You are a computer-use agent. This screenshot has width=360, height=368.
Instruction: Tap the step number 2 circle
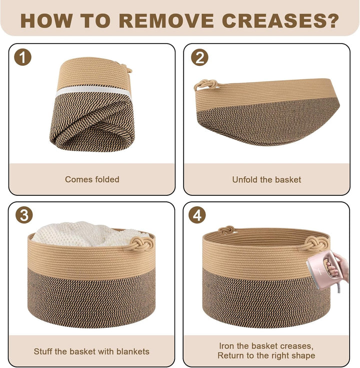click(199, 58)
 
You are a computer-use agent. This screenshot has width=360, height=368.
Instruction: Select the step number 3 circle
click(23, 216)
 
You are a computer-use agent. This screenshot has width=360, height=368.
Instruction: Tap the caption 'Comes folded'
click(92, 179)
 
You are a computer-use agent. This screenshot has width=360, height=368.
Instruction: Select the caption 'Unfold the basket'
click(266, 179)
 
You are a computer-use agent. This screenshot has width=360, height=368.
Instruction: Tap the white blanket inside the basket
click(85, 234)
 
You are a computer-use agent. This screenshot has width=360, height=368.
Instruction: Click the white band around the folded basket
click(92, 93)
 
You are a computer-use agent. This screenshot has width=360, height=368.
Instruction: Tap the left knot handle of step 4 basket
click(225, 230)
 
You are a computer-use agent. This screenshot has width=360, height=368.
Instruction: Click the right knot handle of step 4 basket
click(315, 242)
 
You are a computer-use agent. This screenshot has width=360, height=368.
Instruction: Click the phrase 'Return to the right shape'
click(266, 355)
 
